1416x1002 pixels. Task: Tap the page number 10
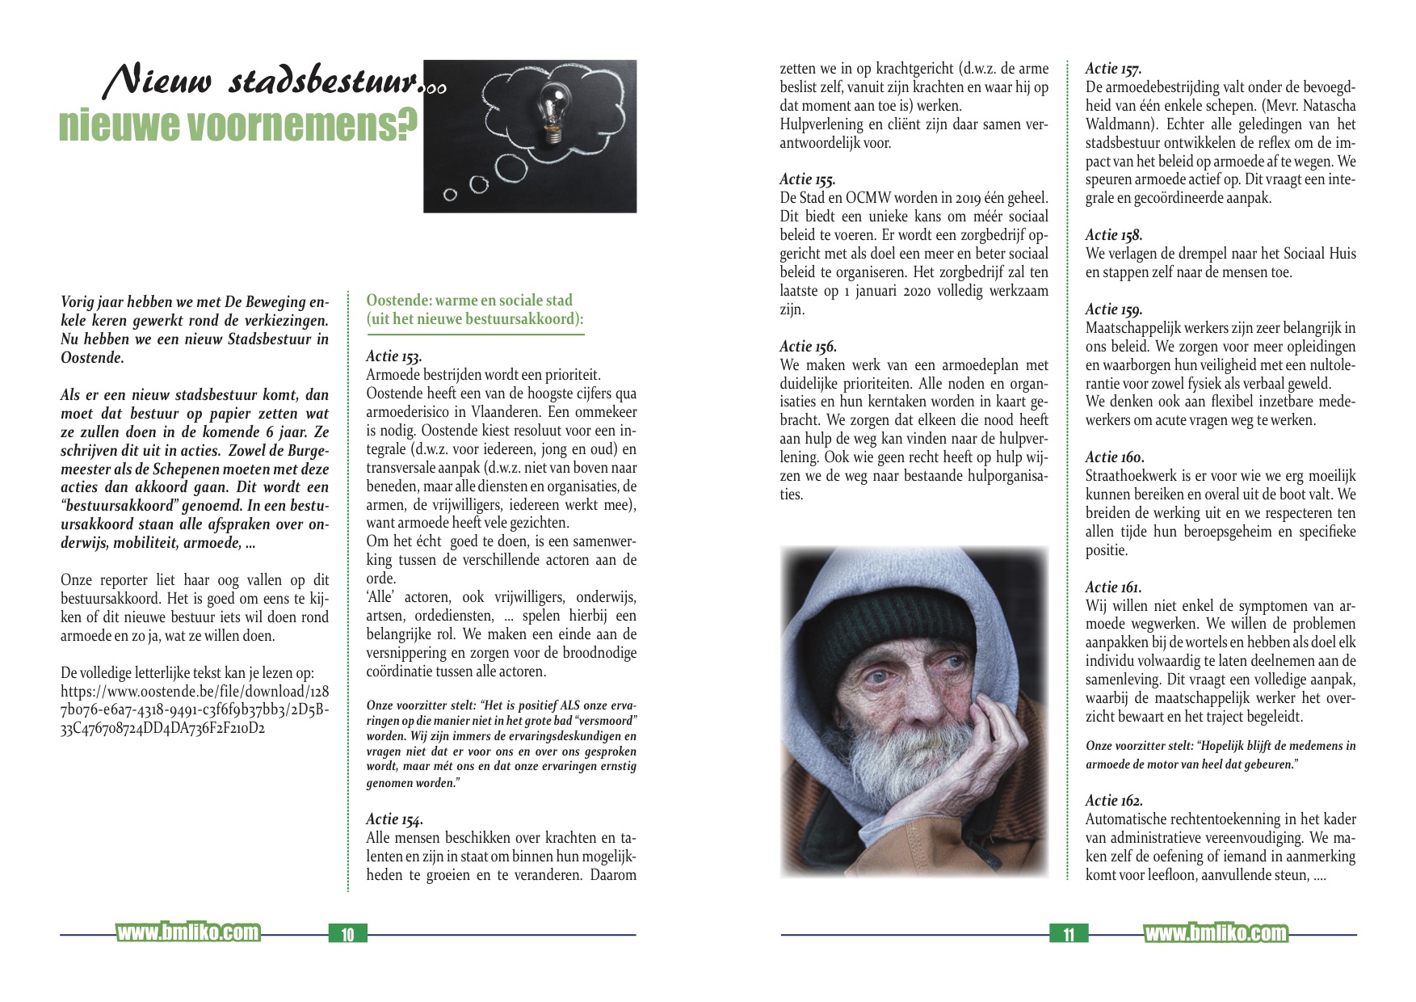click(x=347, y=934)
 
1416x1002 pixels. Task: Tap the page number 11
click(x=1069, y=934)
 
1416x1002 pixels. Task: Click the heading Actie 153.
click(x=393, y=356)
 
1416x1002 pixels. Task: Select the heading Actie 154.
click(x=394, y=819)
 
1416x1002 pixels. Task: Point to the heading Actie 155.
click(x=807, y=179)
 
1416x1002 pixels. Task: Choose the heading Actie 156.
click(x=808, y=347)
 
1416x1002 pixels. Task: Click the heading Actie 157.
click(x=1113, y=69)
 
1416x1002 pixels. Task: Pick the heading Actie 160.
click(x=1115, y=457)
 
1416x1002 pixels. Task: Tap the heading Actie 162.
click(x=1114, y=801)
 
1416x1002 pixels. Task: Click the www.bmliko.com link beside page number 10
click(x=188, y=933)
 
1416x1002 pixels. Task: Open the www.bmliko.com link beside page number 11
click(x=1216, y=933)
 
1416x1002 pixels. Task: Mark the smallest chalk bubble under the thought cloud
click(x=451, y=195)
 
